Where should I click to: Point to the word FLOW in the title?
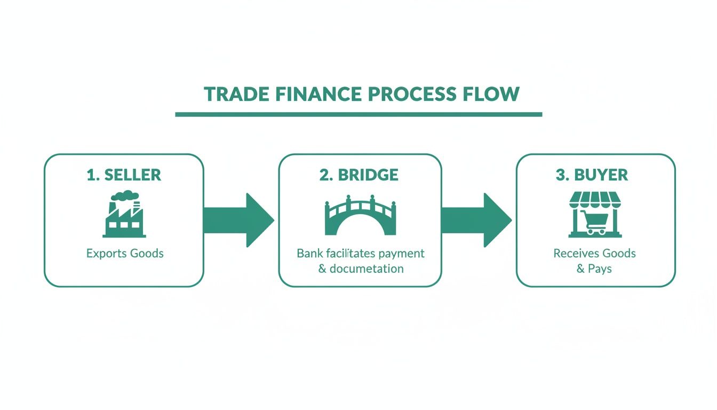coord(496,94)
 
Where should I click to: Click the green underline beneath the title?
coord(359,114)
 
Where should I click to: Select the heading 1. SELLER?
coord(124,175)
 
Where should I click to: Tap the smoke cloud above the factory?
coord(123,196)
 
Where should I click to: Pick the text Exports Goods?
coord(125,253)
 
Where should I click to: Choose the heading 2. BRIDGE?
coord(359,175)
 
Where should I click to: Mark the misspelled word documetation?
coord(367,269)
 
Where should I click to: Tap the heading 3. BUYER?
coord(592,175)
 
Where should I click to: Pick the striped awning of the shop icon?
coord(595,201)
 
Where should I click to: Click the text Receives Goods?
coord(594,253)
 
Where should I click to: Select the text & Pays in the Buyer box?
coord(594,269)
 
